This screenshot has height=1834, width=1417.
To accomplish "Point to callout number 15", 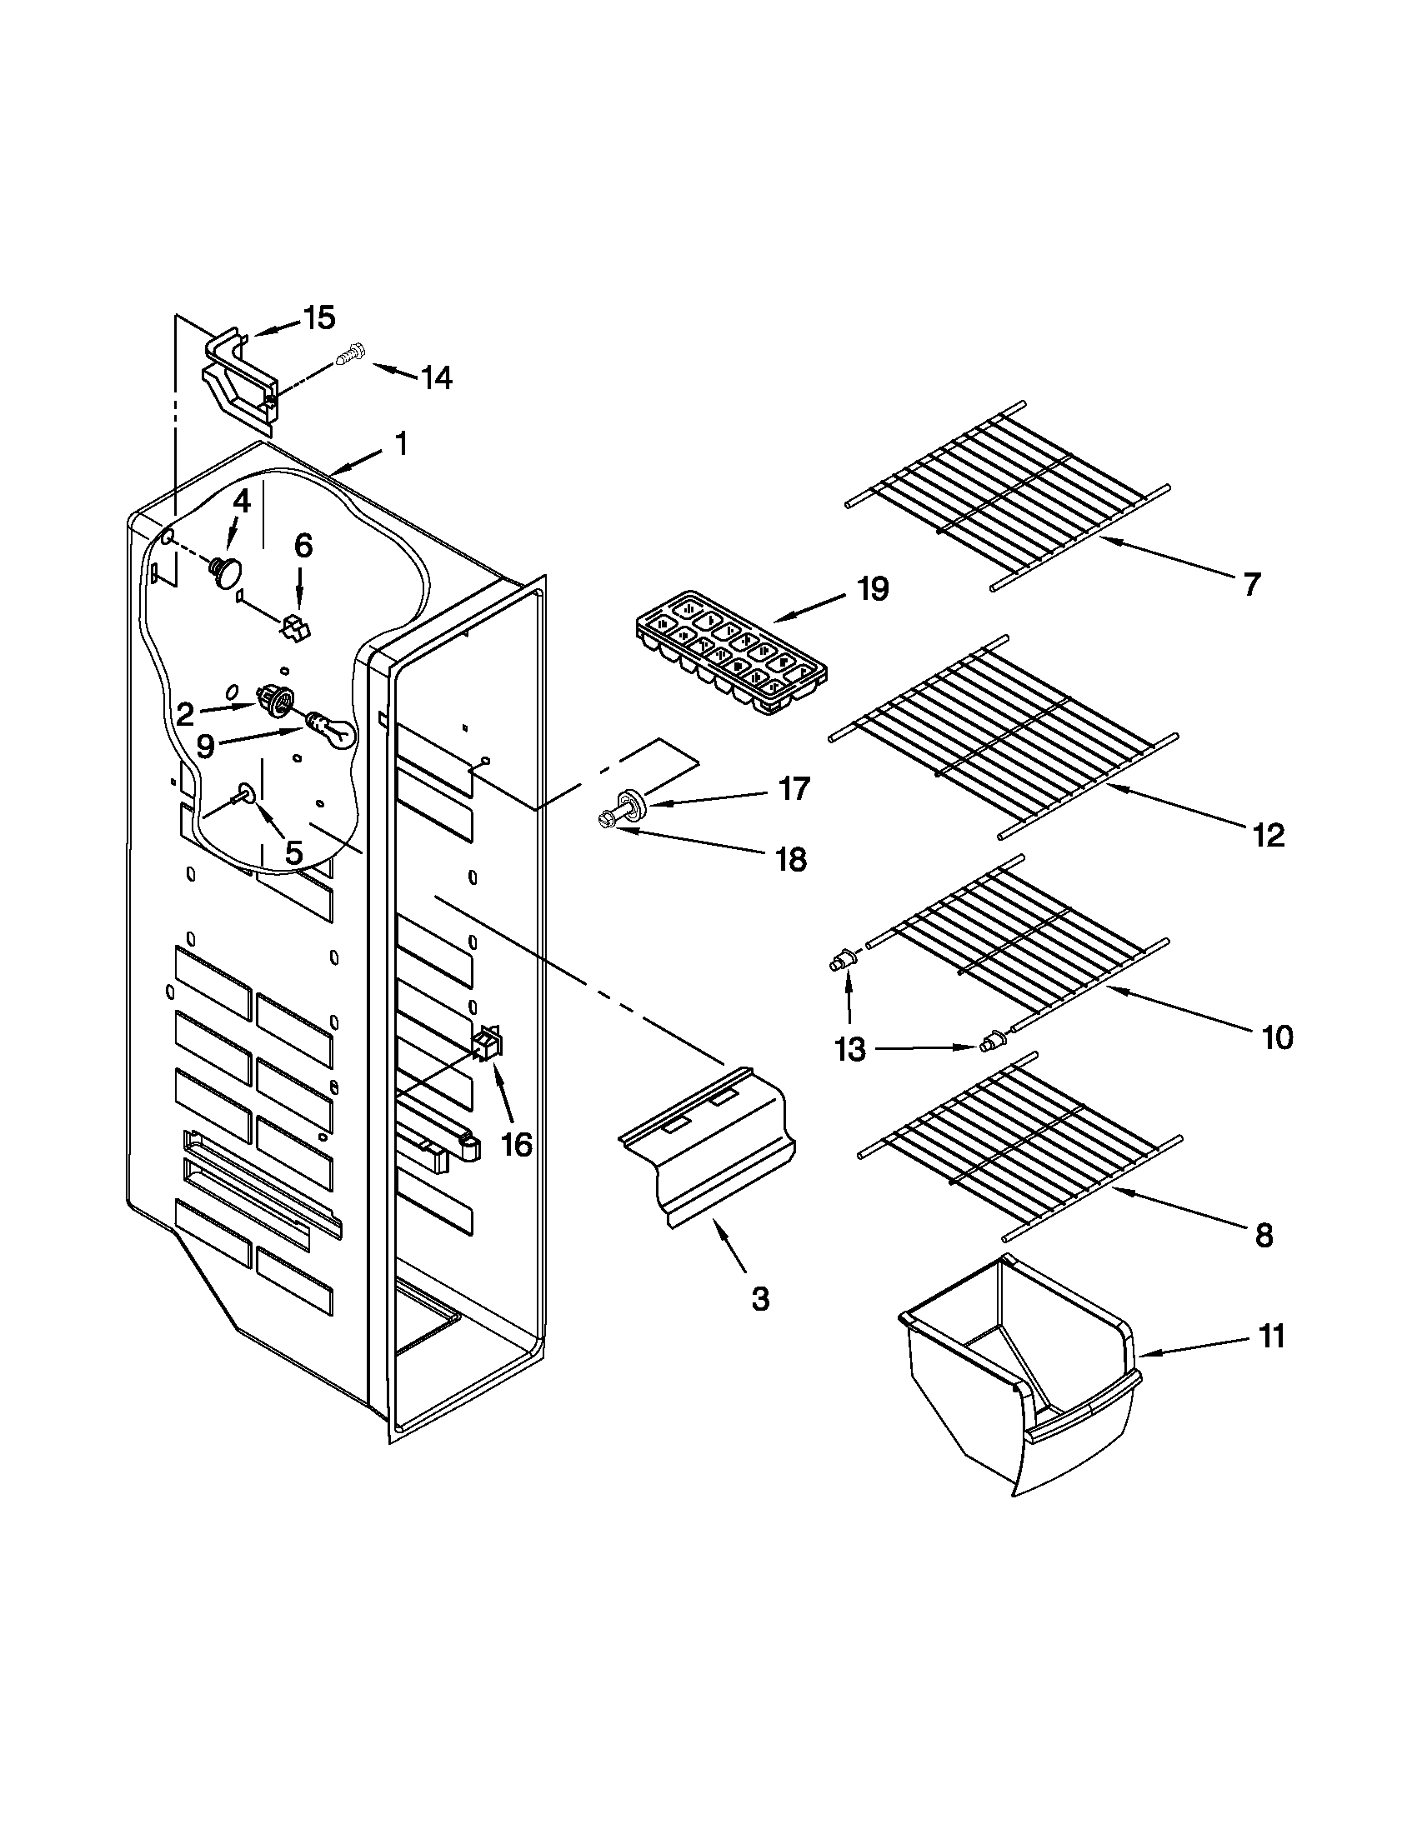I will coord(319,317).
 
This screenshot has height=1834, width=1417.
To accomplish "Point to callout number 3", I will coord(759,1298).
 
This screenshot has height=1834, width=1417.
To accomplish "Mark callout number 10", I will coord(1277,1038).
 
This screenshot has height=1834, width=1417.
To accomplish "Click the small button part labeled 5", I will coord(246,791).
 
